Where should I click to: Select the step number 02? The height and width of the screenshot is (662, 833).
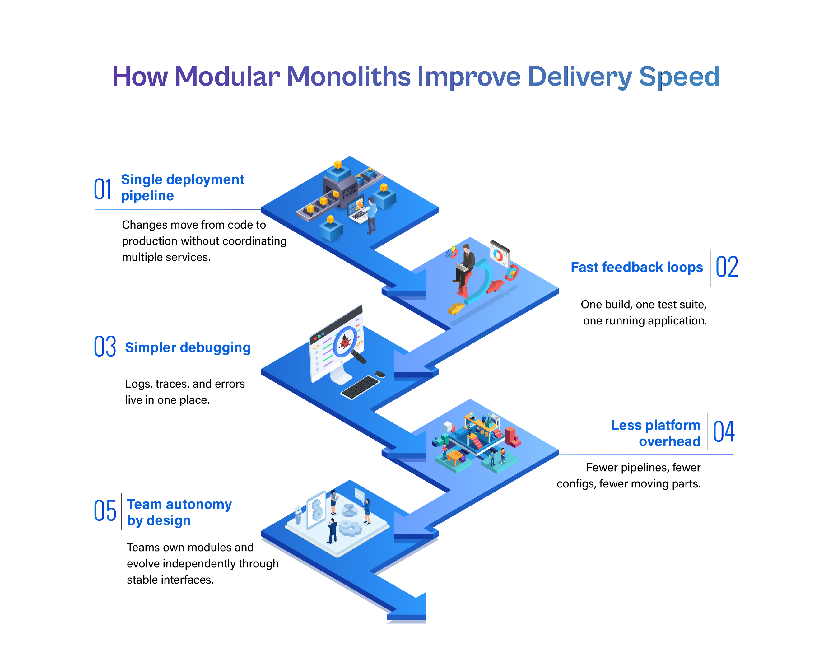pos(726,267)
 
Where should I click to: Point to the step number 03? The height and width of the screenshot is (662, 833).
pos(105,346)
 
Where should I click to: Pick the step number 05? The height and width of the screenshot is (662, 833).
pos(105,510)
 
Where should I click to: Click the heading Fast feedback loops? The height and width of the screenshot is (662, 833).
pos(637,267)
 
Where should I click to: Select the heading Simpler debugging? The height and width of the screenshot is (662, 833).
pos(188,347)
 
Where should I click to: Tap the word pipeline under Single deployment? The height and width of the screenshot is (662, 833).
pos(147,196)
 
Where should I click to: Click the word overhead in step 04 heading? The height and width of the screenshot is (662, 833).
pos(670,441)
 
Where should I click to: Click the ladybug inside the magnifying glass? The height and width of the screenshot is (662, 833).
pos(345,342)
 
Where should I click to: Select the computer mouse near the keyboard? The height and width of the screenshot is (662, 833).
pos(380,374)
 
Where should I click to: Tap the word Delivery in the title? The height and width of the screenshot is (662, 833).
pos(579,77)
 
